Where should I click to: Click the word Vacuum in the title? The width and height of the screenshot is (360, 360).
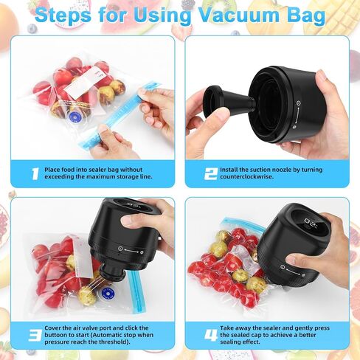click(239, 15)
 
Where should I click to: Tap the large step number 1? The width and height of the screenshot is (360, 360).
click(35, 173)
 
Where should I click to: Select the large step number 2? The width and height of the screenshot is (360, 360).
click(211, 173)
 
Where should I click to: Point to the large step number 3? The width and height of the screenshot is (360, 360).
click(35, 335)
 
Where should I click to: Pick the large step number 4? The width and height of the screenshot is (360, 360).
click(211, 335)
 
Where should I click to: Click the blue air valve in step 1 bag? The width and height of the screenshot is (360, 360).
click(74, 116)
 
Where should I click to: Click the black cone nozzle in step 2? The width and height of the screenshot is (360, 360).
click(228, 102)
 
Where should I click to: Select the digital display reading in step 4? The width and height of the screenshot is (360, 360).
click(311, 223)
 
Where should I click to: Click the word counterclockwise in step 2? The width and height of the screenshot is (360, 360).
click(246, 177)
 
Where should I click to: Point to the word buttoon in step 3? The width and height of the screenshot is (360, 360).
click(55, 335)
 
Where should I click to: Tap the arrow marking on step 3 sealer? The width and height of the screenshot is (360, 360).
click(131, 251)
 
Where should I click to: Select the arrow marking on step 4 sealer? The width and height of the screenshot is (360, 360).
click(293, 271)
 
